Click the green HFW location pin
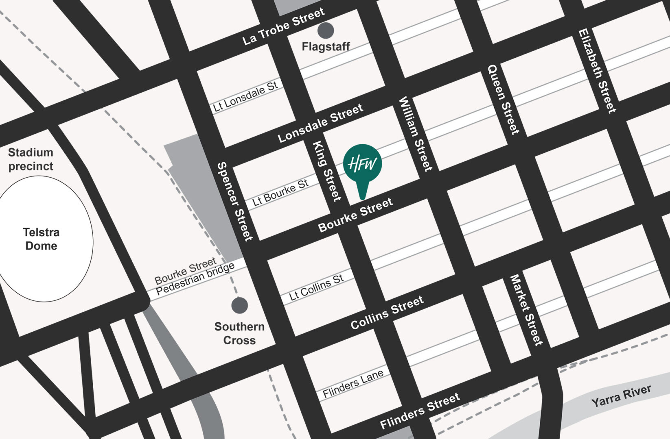point(362,164)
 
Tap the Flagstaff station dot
point(326,30)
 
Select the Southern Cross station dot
point(239,305)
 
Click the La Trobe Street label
point(283,26)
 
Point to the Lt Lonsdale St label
point(245,96)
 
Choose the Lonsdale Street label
point(320,123)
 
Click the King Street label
point(326,171)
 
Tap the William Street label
point(415,134)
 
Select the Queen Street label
point(504,99)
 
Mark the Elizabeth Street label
point(597,71)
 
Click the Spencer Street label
point(235,202)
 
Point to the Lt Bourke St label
point(280,193)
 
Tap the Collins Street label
point(387,313)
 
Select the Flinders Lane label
point(353,384)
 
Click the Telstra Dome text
point(41,239)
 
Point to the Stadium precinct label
point(31,159)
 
